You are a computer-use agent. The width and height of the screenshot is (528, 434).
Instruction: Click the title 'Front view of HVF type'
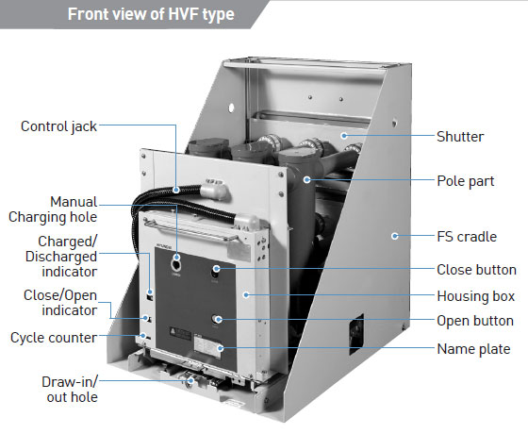point(151,14)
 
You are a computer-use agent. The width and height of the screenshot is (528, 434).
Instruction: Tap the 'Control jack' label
point(58,126)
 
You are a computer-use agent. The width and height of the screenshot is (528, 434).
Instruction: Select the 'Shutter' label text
point(460,137)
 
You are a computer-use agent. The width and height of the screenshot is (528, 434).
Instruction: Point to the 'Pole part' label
point(466,181)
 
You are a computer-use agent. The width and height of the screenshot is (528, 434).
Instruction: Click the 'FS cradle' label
point(467,237)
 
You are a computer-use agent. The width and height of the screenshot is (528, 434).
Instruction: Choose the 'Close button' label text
point(476,270)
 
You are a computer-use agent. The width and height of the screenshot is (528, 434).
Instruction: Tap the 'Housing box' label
point(476,296)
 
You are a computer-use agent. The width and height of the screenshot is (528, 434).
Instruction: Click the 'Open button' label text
point(475,321)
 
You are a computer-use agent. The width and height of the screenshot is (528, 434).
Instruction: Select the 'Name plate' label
point(473,349)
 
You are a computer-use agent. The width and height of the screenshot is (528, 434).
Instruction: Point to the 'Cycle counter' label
point(54,338)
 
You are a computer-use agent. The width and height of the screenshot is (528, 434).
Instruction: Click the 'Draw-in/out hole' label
point(70,389)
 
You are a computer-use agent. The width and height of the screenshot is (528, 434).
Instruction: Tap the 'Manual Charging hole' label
point(53,209)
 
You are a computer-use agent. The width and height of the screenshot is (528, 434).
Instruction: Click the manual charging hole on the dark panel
point(176,265)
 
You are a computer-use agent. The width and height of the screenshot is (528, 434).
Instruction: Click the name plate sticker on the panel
point(207,347)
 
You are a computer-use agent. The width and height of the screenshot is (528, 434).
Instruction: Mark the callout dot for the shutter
point(344,136)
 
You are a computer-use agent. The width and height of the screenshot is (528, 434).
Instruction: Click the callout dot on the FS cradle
point(395,236)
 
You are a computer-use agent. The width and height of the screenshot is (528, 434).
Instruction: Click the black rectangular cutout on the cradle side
point(356,334)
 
